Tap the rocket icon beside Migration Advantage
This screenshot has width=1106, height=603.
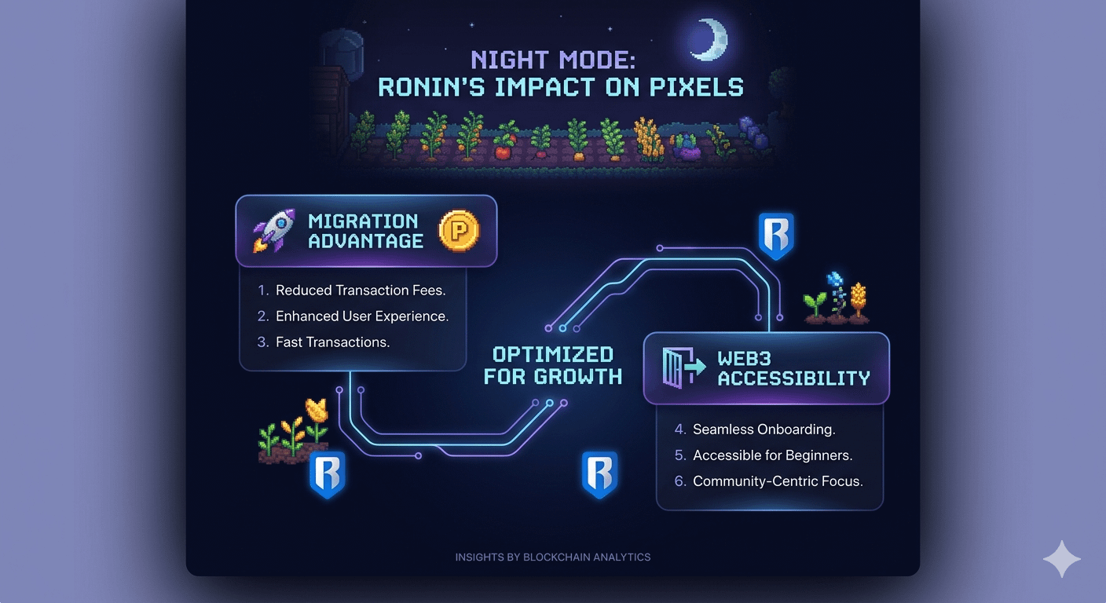(x=273, y=230)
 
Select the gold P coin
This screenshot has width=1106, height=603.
(x=459, y=231)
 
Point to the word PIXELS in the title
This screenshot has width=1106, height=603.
(x=687, y=86)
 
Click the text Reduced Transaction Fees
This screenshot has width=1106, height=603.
(x=361, y=291)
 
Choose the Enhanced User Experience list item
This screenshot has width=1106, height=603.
(x=362, y=316)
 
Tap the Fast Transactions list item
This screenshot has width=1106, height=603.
(x=332, y=342)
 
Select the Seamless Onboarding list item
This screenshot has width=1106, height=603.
(x=764, y=429)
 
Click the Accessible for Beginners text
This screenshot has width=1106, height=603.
(x=772, y=455)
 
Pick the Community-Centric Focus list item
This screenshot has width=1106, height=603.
(x=778, y=481)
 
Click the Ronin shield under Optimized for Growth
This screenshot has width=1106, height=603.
(x=599, y=475)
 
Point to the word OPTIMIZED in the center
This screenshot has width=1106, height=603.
(x=552, y=354)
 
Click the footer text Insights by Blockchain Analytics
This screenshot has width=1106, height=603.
(x=553, y=557)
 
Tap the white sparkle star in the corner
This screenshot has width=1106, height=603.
(x=1062, y=559)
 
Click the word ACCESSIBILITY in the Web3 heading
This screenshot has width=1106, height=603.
(x=793, y=378)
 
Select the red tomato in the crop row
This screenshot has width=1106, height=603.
(x=502, y=151)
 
